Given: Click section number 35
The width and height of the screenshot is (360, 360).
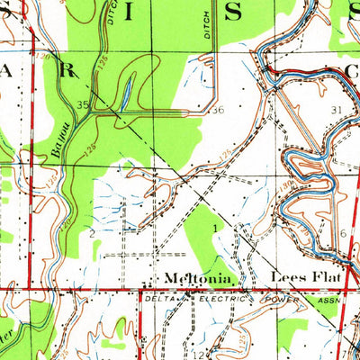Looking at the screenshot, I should pos(83,105).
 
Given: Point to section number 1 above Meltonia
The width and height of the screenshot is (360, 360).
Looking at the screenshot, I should pos(216,229).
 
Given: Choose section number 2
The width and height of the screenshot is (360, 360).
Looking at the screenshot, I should pos(92,233).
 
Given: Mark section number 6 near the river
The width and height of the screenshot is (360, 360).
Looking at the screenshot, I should pos(344,233).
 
